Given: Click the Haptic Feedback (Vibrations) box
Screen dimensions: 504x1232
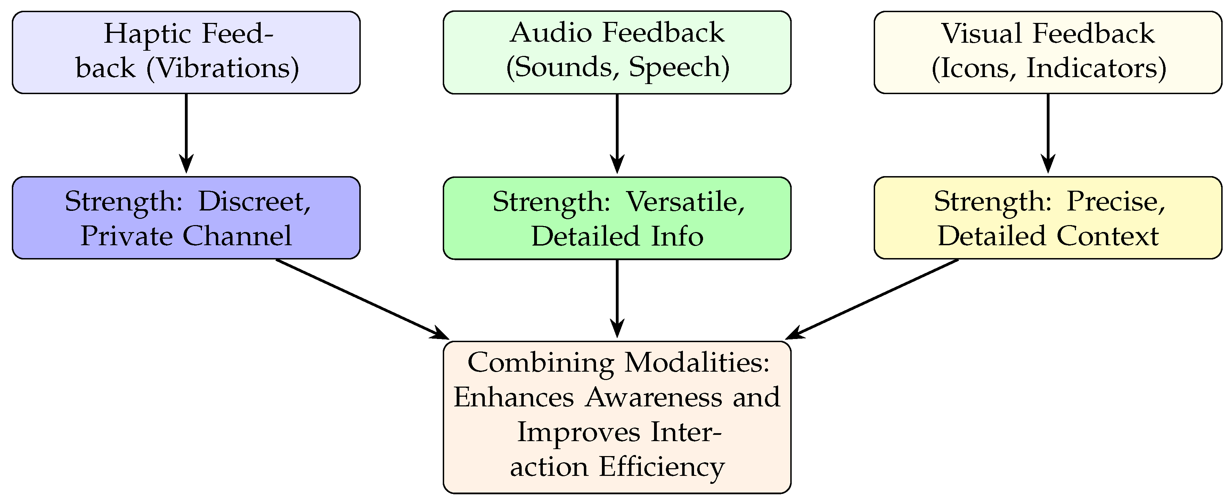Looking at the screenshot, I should (186, 52).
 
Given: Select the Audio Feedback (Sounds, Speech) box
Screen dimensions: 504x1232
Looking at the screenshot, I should (617, 52).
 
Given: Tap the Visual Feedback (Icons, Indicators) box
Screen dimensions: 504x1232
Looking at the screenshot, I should (1048, 52).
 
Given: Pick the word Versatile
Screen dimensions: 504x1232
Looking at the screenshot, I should (685, 202).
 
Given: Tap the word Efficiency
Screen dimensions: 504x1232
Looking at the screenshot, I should (662, 467).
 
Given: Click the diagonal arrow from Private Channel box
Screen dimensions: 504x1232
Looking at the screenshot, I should (361, 298).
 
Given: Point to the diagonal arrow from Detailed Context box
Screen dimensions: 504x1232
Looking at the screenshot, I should (873, 298).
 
